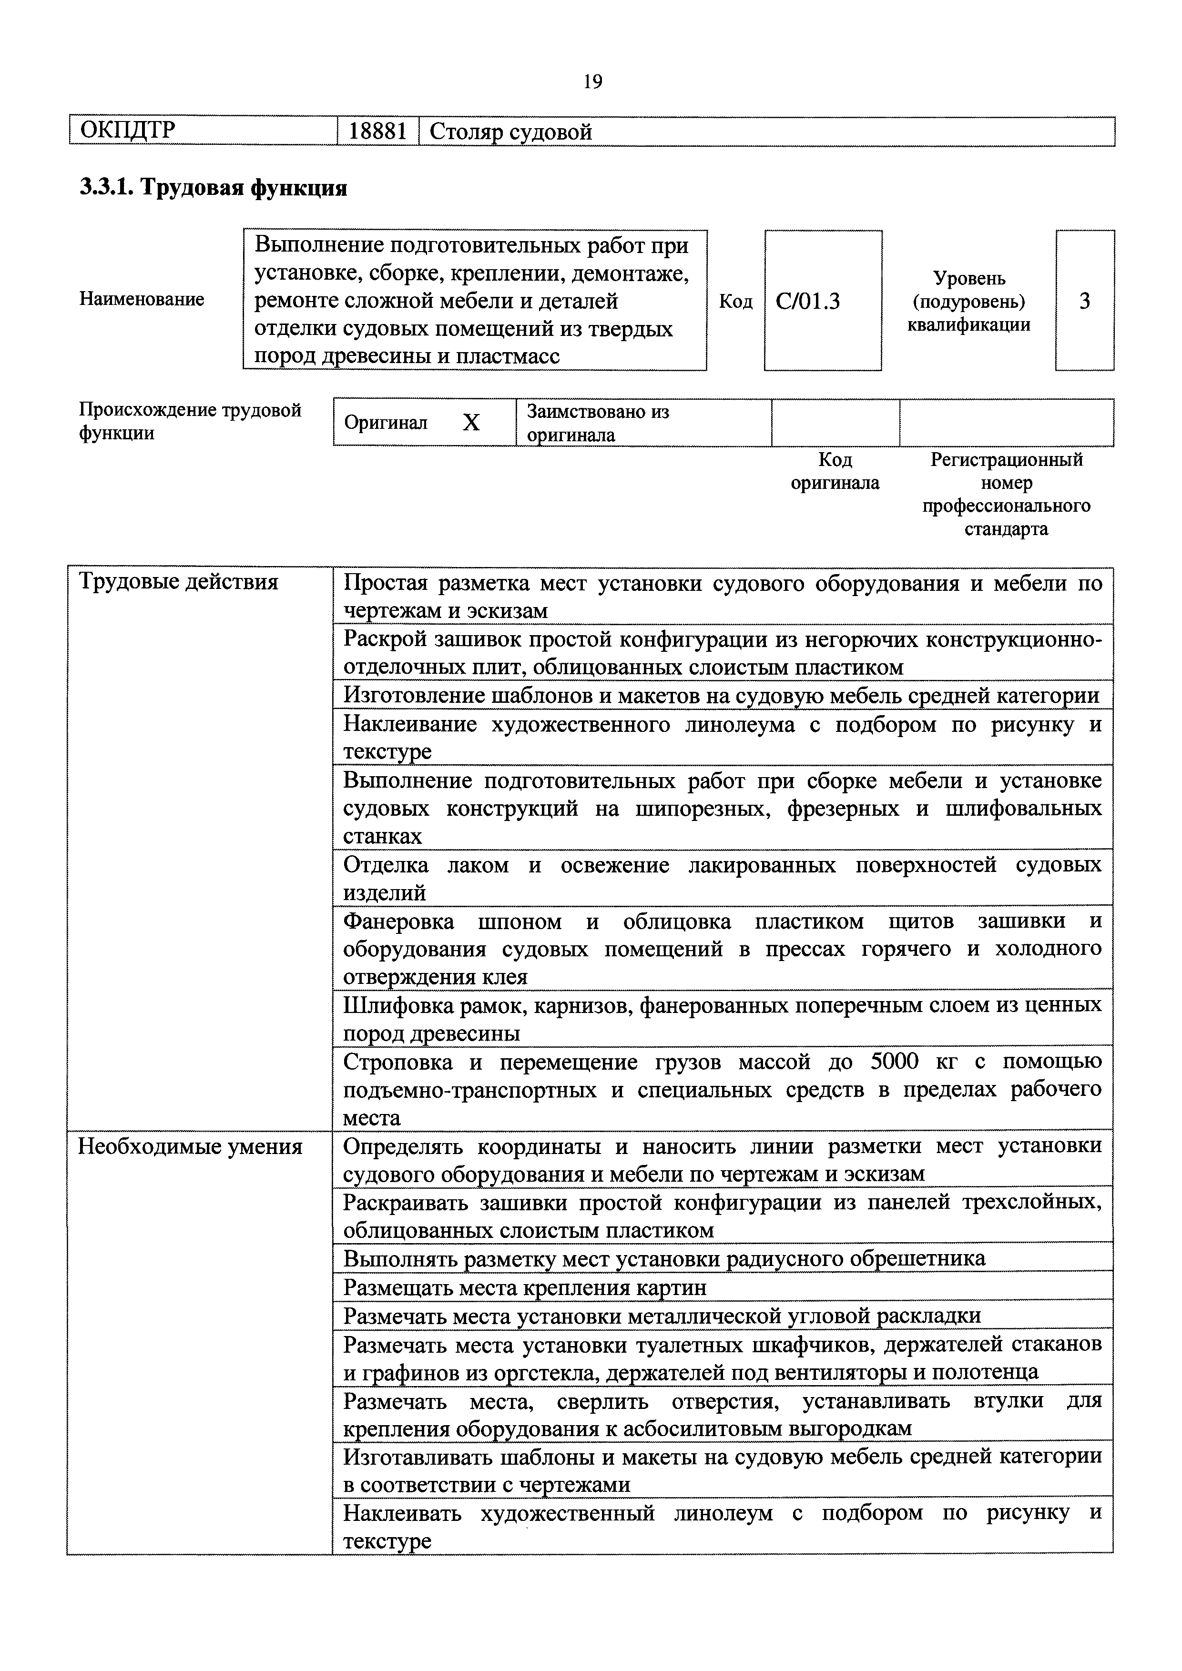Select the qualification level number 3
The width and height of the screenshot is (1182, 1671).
pos(1084,301)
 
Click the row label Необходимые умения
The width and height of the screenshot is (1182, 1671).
pos(190,1146)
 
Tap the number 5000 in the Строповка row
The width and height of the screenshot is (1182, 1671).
pos(897,1062)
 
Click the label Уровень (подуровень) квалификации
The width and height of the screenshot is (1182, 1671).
pos(969,301)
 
